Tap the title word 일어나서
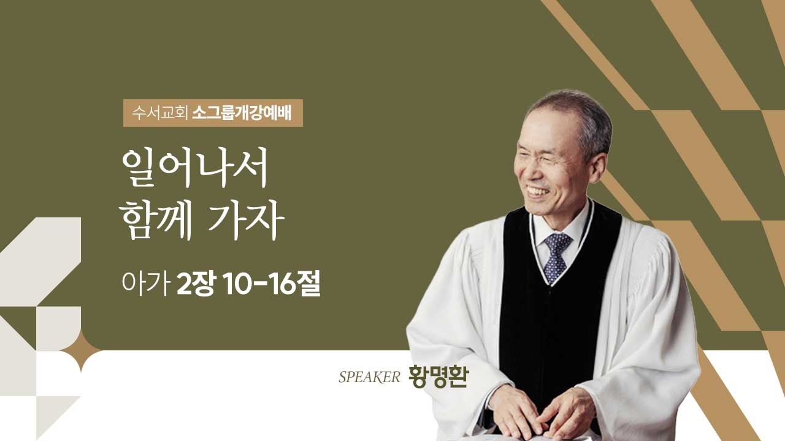click(x=196, y=168)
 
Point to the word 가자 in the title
click(x=246, y=222)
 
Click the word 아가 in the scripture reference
click(x=145, y=285)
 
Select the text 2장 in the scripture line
click(x=195, y=285)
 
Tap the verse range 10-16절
click(x=270, y=285)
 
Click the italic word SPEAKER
click(x=369, y=377)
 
